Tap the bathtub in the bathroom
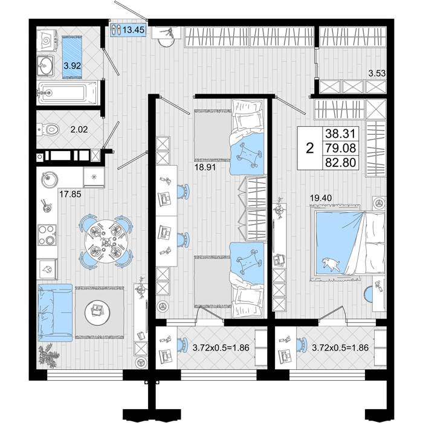click(68, 92)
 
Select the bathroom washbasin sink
click(45, 65)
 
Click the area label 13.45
click(134, 30)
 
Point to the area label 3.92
click(73, 65)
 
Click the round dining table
click(105, 242)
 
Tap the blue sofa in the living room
click(55, 312)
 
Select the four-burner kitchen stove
click(47, 235)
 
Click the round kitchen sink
click(50, 179)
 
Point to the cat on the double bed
click(331, 263)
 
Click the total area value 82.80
click(340, 163)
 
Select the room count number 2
click(310, 148)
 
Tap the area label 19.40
click(321, 198)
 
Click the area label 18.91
click(205, 167)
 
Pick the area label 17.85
click(70, 194)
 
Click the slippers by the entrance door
click(116, 30)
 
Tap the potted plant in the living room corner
click(48, 355)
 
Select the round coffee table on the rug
click(97, 312)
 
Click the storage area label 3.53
click(377, 73)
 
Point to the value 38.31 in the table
click(340, 134)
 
